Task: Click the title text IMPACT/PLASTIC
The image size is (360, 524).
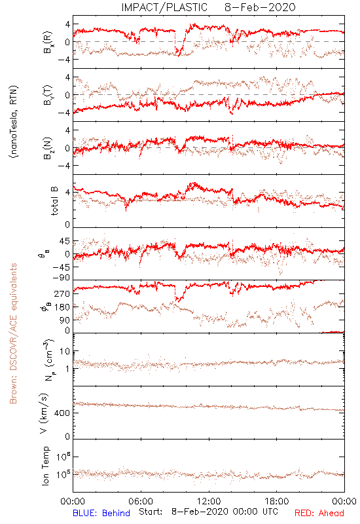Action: tap(164, 7)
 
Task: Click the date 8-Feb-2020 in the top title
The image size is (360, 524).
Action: tap(260, 7)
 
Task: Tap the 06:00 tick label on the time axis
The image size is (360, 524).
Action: tap(141, 501)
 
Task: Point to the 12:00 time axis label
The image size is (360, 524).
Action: tap(209, 501)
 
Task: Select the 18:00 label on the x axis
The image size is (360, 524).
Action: tap(277, 501)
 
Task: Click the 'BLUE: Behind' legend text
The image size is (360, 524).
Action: tap(101, 513)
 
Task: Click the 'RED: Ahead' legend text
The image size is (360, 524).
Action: tap(319, 513)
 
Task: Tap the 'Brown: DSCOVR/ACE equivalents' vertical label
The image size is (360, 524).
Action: tap(13, 333)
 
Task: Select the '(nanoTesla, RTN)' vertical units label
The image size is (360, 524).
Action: tap(14, 121)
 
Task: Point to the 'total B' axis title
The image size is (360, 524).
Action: tap(54, 201)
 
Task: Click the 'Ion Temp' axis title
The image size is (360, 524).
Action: tap(45, 466)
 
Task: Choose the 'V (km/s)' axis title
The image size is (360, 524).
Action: tap(44, 413)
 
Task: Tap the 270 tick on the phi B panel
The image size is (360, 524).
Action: tap(63, 293)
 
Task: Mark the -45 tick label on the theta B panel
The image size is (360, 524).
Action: tap(61, 267)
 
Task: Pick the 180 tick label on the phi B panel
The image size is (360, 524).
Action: tap(63, 307)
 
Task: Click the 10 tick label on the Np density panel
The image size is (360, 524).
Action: tap(65, 352)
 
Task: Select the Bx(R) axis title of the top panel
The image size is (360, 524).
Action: tap(47, 42)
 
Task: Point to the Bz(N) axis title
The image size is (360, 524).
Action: tap(47, 148)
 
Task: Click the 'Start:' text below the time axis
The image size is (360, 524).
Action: tap(151, 512)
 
